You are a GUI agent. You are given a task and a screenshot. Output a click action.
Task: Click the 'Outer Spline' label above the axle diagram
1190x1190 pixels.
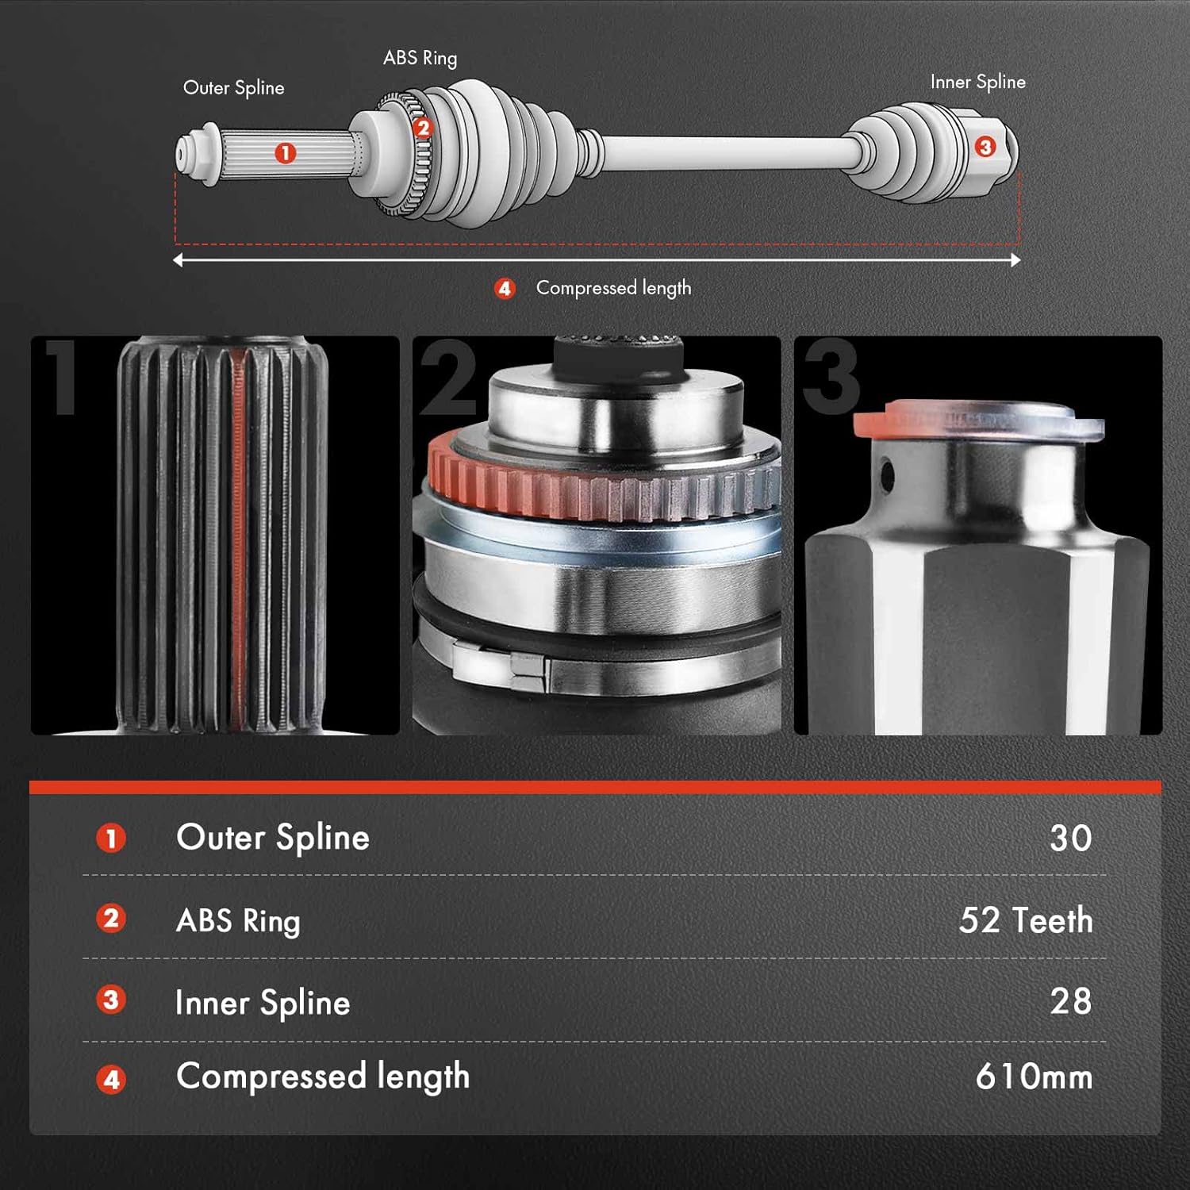(233, 88)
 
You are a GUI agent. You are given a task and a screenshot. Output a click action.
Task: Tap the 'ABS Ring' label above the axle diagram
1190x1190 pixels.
(420, 59)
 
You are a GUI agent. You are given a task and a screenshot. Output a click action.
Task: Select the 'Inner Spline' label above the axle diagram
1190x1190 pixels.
(977, 83)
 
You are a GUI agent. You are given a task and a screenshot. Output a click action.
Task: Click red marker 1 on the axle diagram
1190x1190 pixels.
(286, 153)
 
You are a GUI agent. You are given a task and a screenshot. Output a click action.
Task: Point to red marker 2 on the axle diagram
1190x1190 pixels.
(423, 128)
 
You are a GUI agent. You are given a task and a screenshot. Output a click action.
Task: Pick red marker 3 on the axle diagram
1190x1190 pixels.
(985, 147)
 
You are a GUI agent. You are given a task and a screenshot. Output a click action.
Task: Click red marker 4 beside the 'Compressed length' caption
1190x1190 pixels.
(505, 289)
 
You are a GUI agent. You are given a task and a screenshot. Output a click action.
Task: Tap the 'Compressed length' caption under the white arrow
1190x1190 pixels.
(613, 288)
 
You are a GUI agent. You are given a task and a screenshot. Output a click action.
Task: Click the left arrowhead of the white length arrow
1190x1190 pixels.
(178, 260)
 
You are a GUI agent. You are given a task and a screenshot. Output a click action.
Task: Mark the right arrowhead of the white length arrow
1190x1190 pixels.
(1015, 260)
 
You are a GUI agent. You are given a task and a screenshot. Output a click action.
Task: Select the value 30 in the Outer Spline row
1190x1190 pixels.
(1070, 839)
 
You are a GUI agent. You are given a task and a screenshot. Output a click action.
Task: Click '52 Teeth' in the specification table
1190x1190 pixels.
(1025, 920)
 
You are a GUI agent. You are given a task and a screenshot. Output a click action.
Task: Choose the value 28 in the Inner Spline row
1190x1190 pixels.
(1070, 1001)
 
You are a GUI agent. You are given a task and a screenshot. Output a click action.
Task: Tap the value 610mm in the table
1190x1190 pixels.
(1034, 1077)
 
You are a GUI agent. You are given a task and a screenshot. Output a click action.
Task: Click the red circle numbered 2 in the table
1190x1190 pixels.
(111, 919)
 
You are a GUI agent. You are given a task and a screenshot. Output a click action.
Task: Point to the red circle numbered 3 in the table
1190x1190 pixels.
(111, 1000)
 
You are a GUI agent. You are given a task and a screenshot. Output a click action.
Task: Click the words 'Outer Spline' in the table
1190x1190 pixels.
(273, 838)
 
